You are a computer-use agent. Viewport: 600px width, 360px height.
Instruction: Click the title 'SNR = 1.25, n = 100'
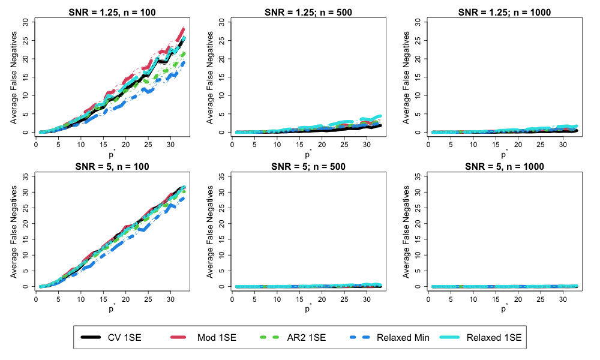coord(112,12)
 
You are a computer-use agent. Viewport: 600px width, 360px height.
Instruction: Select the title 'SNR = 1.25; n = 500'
coord(308,12)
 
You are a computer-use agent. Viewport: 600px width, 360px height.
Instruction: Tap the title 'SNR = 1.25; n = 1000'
coord(505,12)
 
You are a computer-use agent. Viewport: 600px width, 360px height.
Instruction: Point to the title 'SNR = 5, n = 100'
coord(112,166)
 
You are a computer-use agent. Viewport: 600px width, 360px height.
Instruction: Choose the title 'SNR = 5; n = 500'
coord(308,166)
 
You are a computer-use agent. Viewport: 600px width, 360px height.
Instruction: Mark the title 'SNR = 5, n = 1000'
coord(505,166)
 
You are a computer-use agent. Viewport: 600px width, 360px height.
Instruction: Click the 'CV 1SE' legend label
coord(124,337)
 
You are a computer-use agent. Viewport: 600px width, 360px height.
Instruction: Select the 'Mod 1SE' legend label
coord(217,337)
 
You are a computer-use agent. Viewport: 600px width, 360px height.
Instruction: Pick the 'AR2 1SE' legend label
coord(307,337)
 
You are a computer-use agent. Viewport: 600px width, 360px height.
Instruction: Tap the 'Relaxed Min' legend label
coord(403,337)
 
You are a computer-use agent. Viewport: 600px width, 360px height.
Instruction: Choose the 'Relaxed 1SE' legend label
coord(494,337)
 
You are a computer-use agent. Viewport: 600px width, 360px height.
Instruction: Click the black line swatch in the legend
coord(91,337)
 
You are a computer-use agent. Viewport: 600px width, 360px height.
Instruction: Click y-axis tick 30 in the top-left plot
coord(26,22)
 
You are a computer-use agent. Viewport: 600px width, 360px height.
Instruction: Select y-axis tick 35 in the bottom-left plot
coord(26,176)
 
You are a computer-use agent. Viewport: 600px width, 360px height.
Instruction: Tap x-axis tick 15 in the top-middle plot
coord(299,145)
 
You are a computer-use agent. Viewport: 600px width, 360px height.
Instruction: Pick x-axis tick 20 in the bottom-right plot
coord(518,299)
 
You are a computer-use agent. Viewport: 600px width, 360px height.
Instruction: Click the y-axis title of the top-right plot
coord(406,77)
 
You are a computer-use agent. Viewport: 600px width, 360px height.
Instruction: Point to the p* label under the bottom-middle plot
coord(308,308)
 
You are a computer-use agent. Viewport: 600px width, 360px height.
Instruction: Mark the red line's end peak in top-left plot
coord(183,29)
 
